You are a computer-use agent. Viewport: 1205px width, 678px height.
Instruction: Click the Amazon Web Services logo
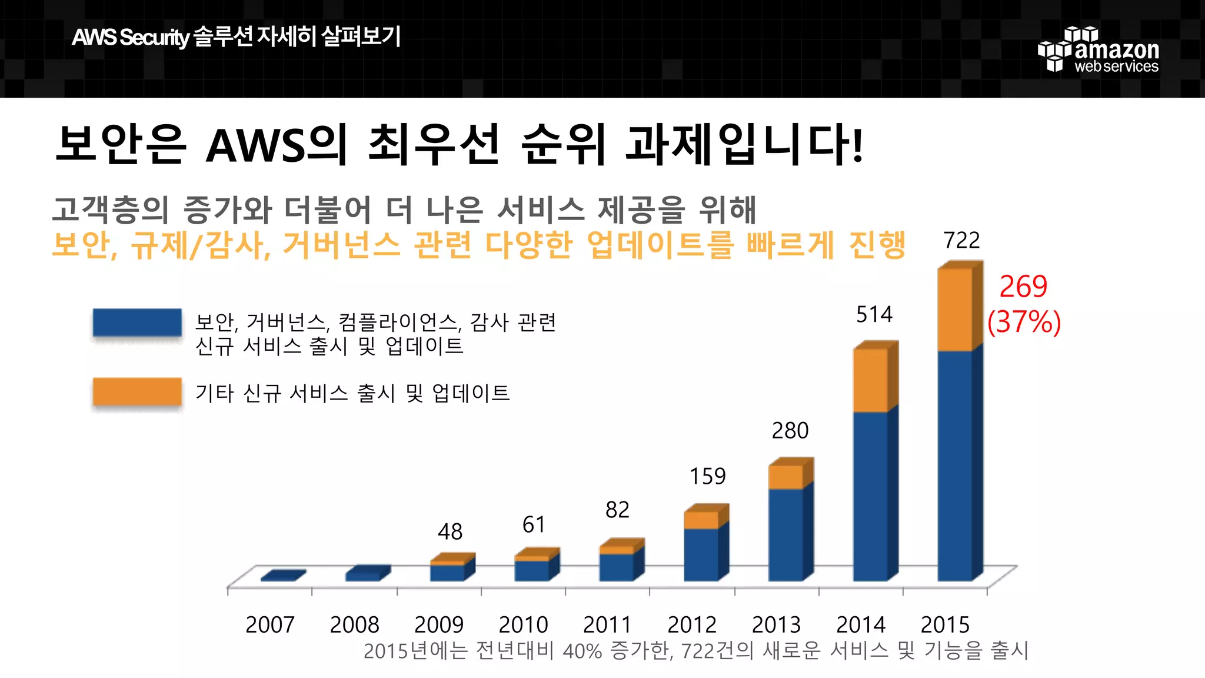coord(1098,50)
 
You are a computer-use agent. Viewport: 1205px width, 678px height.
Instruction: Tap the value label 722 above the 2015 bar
coord(961,240)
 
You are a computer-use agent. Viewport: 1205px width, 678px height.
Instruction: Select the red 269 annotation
coord(1023,287)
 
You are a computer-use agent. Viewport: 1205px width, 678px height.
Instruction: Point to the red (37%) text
coord(1024,322)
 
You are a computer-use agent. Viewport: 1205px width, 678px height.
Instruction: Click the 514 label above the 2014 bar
coord(874,314)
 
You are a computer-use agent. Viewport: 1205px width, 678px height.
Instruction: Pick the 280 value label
coord(790,431)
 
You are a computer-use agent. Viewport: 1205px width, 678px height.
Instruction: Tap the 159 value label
coord(707,476)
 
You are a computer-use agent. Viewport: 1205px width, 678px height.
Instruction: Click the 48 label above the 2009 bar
coord(450,532)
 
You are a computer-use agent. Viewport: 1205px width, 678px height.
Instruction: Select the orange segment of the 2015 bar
coord(954,310)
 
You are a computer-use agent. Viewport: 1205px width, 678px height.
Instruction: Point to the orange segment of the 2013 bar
coord(785,477)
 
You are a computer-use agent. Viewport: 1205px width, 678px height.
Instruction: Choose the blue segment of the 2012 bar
coord(701,554)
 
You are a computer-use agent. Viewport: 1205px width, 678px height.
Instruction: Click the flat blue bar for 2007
coord(282,576)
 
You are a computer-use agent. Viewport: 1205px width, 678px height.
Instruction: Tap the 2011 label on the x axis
coord(607,624)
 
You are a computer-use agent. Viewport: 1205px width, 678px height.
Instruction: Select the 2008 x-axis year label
coord(354,624)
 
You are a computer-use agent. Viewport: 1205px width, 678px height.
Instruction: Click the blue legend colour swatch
coord(137,323)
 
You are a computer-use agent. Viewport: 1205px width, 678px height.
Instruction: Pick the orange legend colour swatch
coord(137,392)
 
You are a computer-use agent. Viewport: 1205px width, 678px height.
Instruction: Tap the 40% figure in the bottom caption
coord(582,651)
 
